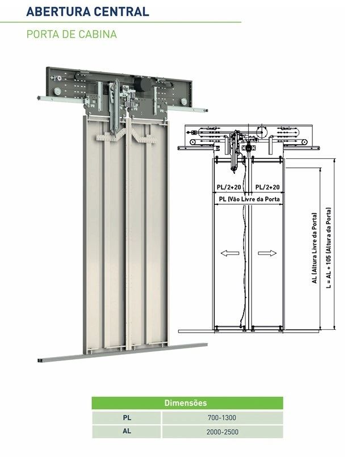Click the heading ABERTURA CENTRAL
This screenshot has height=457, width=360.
88,11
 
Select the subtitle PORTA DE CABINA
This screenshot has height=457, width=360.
72,34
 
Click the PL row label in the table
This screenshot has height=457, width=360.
127,417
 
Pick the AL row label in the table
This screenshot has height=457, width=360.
127,431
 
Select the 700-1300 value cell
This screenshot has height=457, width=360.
222,418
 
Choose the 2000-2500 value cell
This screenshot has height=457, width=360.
222,431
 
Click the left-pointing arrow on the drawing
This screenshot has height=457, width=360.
230,253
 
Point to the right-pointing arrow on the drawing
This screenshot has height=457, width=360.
267,253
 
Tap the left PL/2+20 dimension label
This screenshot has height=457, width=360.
229,187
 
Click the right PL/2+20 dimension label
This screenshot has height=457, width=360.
267,187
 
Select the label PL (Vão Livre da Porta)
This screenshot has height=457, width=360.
249,199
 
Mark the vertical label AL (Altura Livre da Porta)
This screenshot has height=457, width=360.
314,248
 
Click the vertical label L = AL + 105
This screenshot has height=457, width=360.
329,248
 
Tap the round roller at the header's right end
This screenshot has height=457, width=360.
183,102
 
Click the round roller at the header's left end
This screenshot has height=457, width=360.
57,91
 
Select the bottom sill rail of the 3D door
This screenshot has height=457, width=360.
123,353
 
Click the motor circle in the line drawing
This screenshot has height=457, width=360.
262,132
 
